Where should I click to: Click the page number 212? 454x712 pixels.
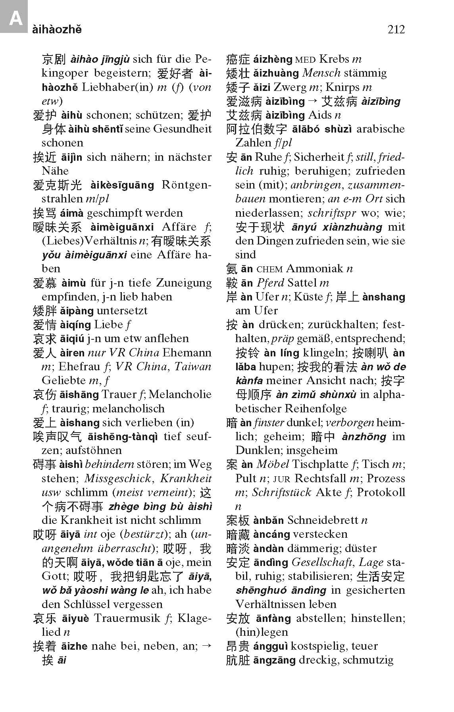click(x=396, y=30)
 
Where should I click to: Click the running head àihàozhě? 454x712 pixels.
click(x=57, y=30)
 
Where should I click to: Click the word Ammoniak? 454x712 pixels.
click(x=314, y=269)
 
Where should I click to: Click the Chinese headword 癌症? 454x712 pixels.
click(x=238, y=60)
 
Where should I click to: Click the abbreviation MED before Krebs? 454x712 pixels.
click(x=305, y=60)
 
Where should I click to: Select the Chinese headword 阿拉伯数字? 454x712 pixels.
click(x=256, y=129)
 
